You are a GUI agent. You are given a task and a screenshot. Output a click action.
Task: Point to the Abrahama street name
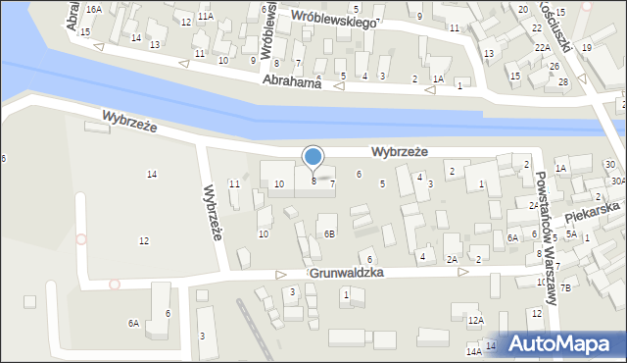click(x=293, y=83)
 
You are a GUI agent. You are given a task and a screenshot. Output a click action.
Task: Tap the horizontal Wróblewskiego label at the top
click(x=333, y=18)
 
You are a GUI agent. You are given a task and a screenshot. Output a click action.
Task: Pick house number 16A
click(x=93, y=9)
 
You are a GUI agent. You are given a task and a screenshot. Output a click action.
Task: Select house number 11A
click(x=205, y=17)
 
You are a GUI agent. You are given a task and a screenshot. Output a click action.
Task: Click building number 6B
click(x=330, y=233)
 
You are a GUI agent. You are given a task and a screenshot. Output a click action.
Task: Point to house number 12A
click(x=475, y=320)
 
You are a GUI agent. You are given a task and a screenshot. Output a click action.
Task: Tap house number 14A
click(x=473, y=350)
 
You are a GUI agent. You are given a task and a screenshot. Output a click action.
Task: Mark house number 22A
click(x=540, y=47)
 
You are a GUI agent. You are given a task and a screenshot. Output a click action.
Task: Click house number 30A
click(x=617, y=181)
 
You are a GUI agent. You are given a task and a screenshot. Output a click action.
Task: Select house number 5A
click(x=570, y=235)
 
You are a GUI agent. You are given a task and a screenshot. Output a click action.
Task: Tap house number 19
click(x=586, y=47)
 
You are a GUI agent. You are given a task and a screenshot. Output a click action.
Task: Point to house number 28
click(x=562, y=80)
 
